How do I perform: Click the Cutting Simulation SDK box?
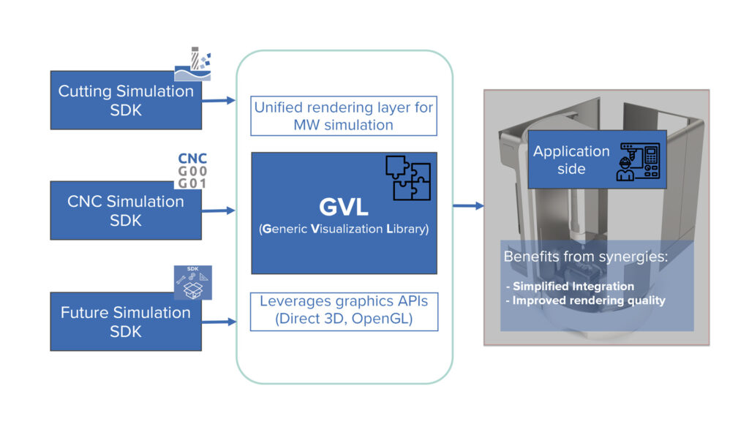(x=126, y=101)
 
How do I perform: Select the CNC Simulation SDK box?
(x=126, y=210)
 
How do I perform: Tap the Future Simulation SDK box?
(x=126, y=321)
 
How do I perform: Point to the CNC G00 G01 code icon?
(x=192, y=170)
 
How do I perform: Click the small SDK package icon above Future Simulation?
(x=192, y=281)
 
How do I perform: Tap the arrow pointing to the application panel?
(x=468, y=206)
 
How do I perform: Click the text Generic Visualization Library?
(x=344, y=230)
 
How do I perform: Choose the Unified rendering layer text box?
(x=344, y=116)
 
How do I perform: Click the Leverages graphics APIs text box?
(x=344, y=311)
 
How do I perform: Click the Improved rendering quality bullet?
(x=588, y=300)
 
